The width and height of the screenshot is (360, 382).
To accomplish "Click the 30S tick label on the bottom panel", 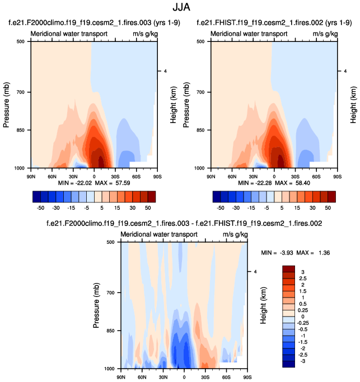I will (x=205, y=376).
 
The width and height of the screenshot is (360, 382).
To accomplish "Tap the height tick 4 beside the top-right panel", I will (x=346, y=71).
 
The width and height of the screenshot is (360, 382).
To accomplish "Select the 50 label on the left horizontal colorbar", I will (x=147, y=207).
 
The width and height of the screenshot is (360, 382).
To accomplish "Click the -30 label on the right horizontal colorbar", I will (x=237, y=207).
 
